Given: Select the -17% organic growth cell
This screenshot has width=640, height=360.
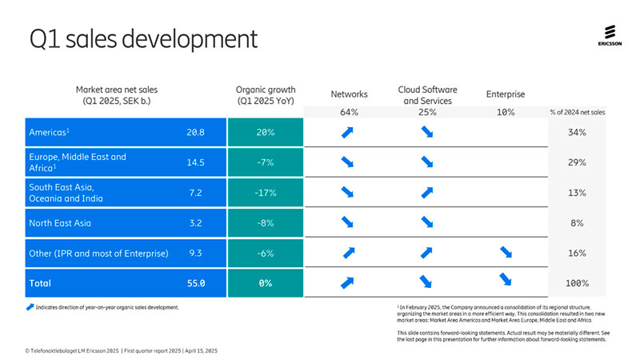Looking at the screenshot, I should coord(266,193).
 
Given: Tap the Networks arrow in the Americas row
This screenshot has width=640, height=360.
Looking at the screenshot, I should coord(349,132).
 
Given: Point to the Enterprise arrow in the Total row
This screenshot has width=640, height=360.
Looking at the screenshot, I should coord(505,279).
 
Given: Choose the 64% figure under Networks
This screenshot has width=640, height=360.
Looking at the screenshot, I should coord(349,112).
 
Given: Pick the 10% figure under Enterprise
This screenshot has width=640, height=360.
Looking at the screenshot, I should coord(505,112).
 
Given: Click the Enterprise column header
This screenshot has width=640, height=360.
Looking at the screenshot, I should coord(505,94).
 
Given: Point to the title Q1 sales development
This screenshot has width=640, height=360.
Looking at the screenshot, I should coord(143,38).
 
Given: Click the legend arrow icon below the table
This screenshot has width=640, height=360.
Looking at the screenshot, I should coord(30,306).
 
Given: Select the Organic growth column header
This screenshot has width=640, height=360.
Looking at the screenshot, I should coord(266,95).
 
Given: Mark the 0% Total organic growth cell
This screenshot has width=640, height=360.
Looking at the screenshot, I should coord(266,282).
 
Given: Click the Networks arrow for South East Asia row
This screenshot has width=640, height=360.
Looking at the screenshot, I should coord(349,193).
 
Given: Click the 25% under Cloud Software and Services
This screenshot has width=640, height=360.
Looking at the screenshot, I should coord(426,112).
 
